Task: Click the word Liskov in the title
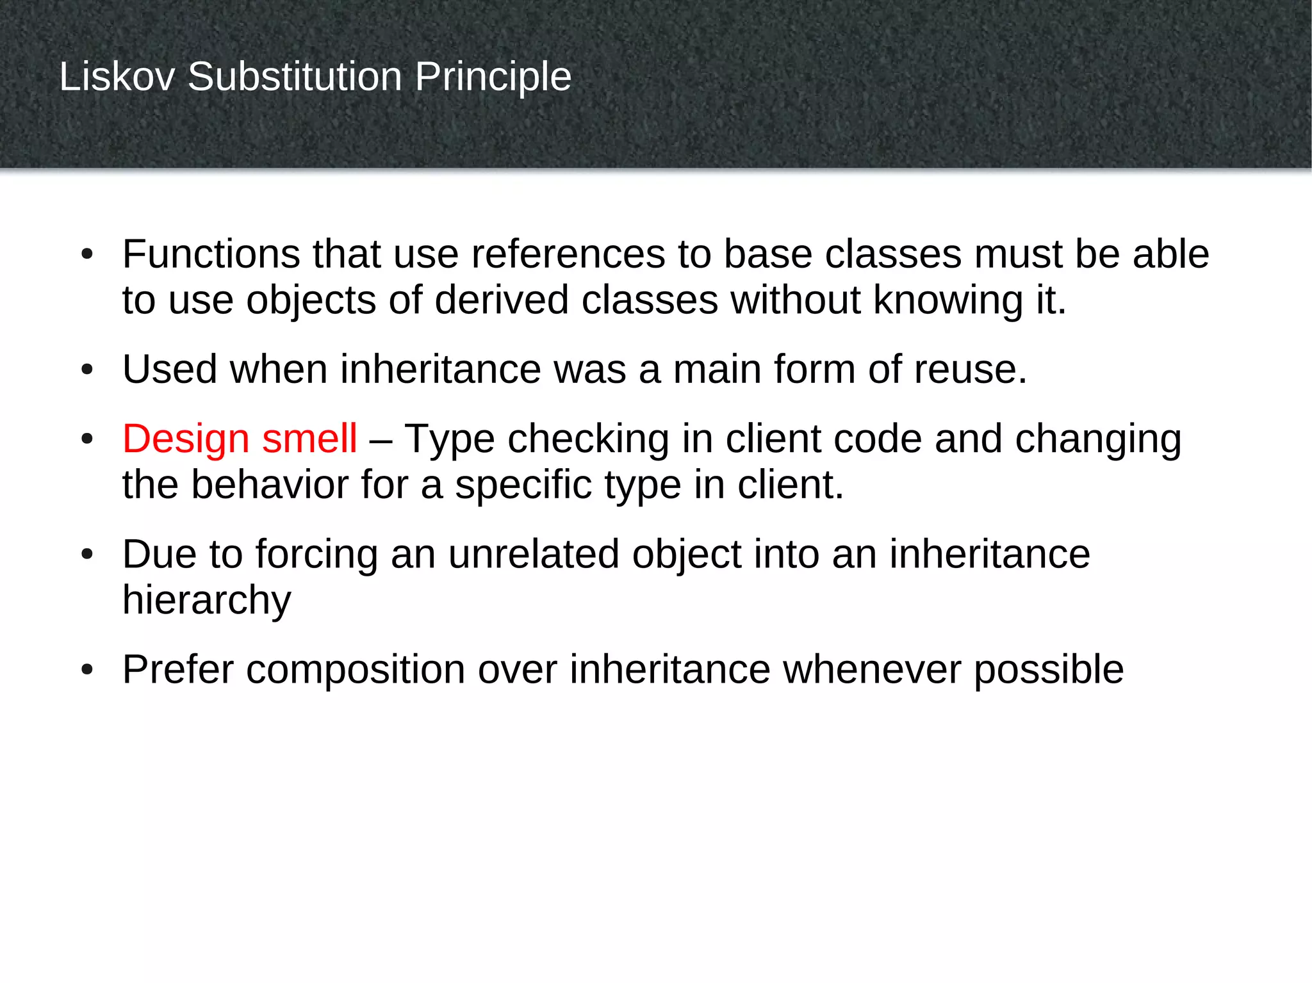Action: [x=117, y=77]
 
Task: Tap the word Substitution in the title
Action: [x=295, y=77]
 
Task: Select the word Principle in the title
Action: [x=493, y=78]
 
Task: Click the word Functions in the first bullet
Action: [x=211, y=254]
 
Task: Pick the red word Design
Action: [x=186, y=440]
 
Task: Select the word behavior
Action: [x=269, y=485]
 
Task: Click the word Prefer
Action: [x=177, y=670]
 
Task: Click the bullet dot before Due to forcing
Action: [x=88, y=555]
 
